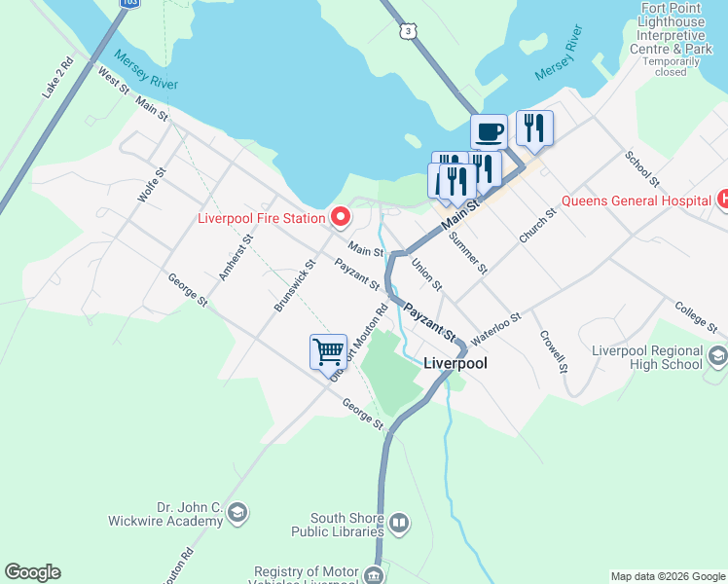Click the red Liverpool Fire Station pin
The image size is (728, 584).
(340, 218)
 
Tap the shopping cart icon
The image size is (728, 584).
(328, 350)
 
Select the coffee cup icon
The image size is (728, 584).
(489, 130)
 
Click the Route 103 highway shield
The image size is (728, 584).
(129, 4)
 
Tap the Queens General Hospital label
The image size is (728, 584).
(636, 201)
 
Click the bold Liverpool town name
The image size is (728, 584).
(455, 363)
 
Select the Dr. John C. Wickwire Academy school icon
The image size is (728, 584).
(239, 514)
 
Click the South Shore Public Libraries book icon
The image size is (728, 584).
(399, 526)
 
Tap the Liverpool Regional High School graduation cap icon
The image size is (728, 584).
(718, 356)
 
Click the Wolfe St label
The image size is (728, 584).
(152, 184)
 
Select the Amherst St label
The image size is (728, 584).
(230, 258)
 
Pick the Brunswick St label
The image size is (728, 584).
(295, 284)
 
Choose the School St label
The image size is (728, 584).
(643, 169)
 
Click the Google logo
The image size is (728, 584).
(32, 572)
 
